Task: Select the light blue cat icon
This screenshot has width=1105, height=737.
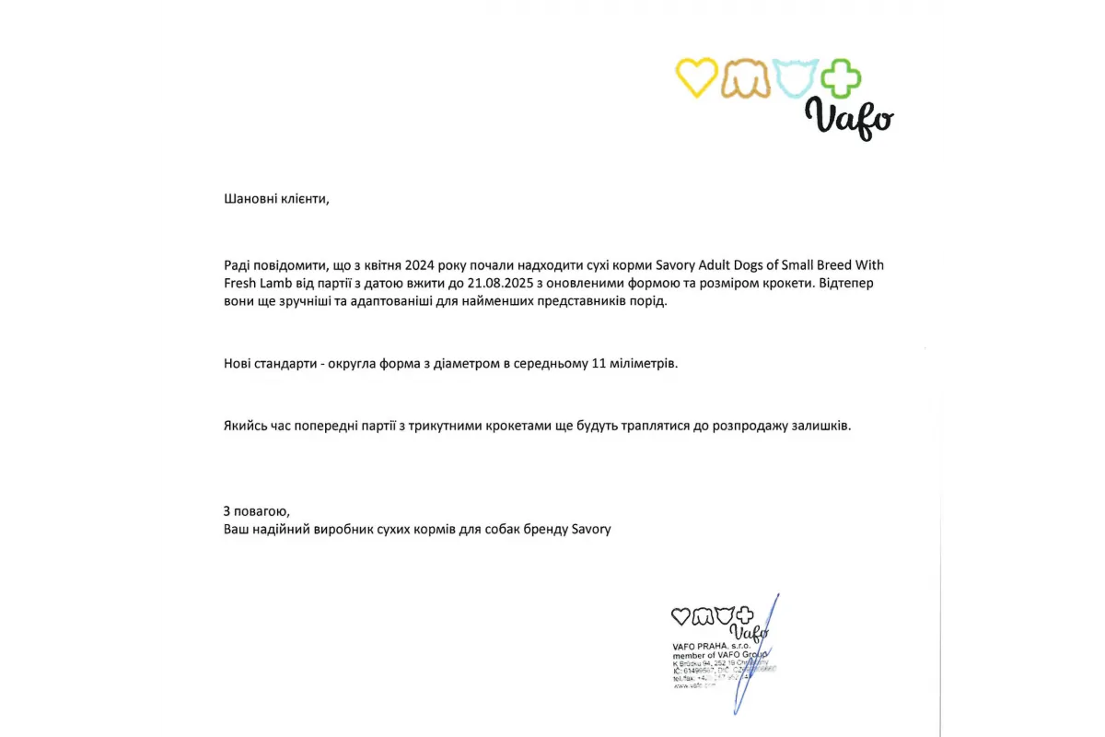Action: tap(796, 78)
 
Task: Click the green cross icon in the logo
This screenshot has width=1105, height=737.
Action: tap(840, 78)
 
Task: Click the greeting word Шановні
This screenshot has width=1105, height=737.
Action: tap(248, 198)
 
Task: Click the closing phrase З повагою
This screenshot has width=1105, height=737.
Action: tap(257, 511)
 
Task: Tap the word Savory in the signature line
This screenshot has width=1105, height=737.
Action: tap(591, 530)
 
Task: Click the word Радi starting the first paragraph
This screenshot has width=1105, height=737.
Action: tap(237, 265)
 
